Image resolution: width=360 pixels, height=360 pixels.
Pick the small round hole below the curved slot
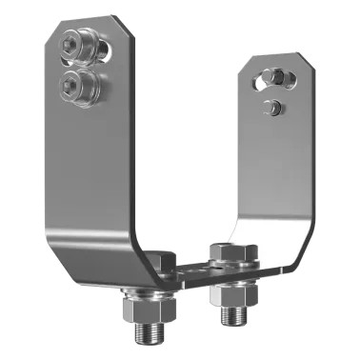[273, 108]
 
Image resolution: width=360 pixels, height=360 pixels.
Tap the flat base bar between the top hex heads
[196, 272]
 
